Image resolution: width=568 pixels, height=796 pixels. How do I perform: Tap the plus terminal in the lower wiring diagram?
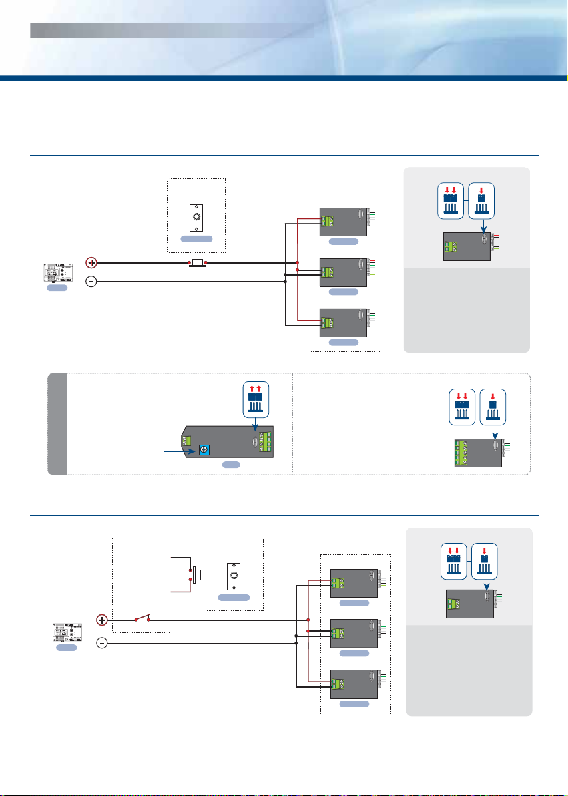[103, 620]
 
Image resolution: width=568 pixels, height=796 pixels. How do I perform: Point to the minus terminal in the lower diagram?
[103, 644]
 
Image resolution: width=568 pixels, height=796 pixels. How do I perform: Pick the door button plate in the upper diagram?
[196, 216]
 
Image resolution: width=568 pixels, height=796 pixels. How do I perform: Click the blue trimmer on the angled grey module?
[200, 451]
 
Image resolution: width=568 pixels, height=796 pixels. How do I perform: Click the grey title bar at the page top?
[172, 30]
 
